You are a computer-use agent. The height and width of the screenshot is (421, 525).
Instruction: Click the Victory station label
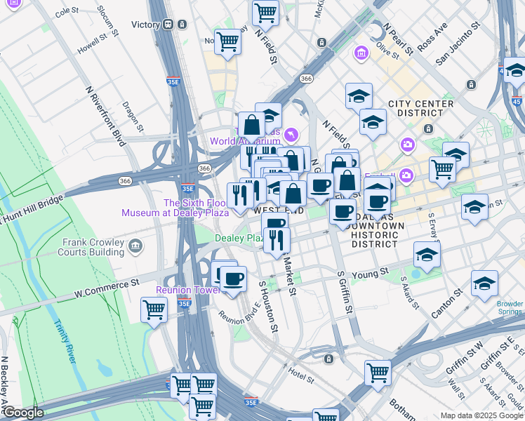tap(145, 25)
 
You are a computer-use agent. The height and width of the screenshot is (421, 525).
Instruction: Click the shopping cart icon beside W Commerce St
tap(154, 309)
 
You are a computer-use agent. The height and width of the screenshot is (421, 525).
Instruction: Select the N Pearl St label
tap(397, 40)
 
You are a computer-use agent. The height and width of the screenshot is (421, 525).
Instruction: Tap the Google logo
tap(22, 413)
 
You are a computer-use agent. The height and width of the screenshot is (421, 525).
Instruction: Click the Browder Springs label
tap(510, 307)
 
